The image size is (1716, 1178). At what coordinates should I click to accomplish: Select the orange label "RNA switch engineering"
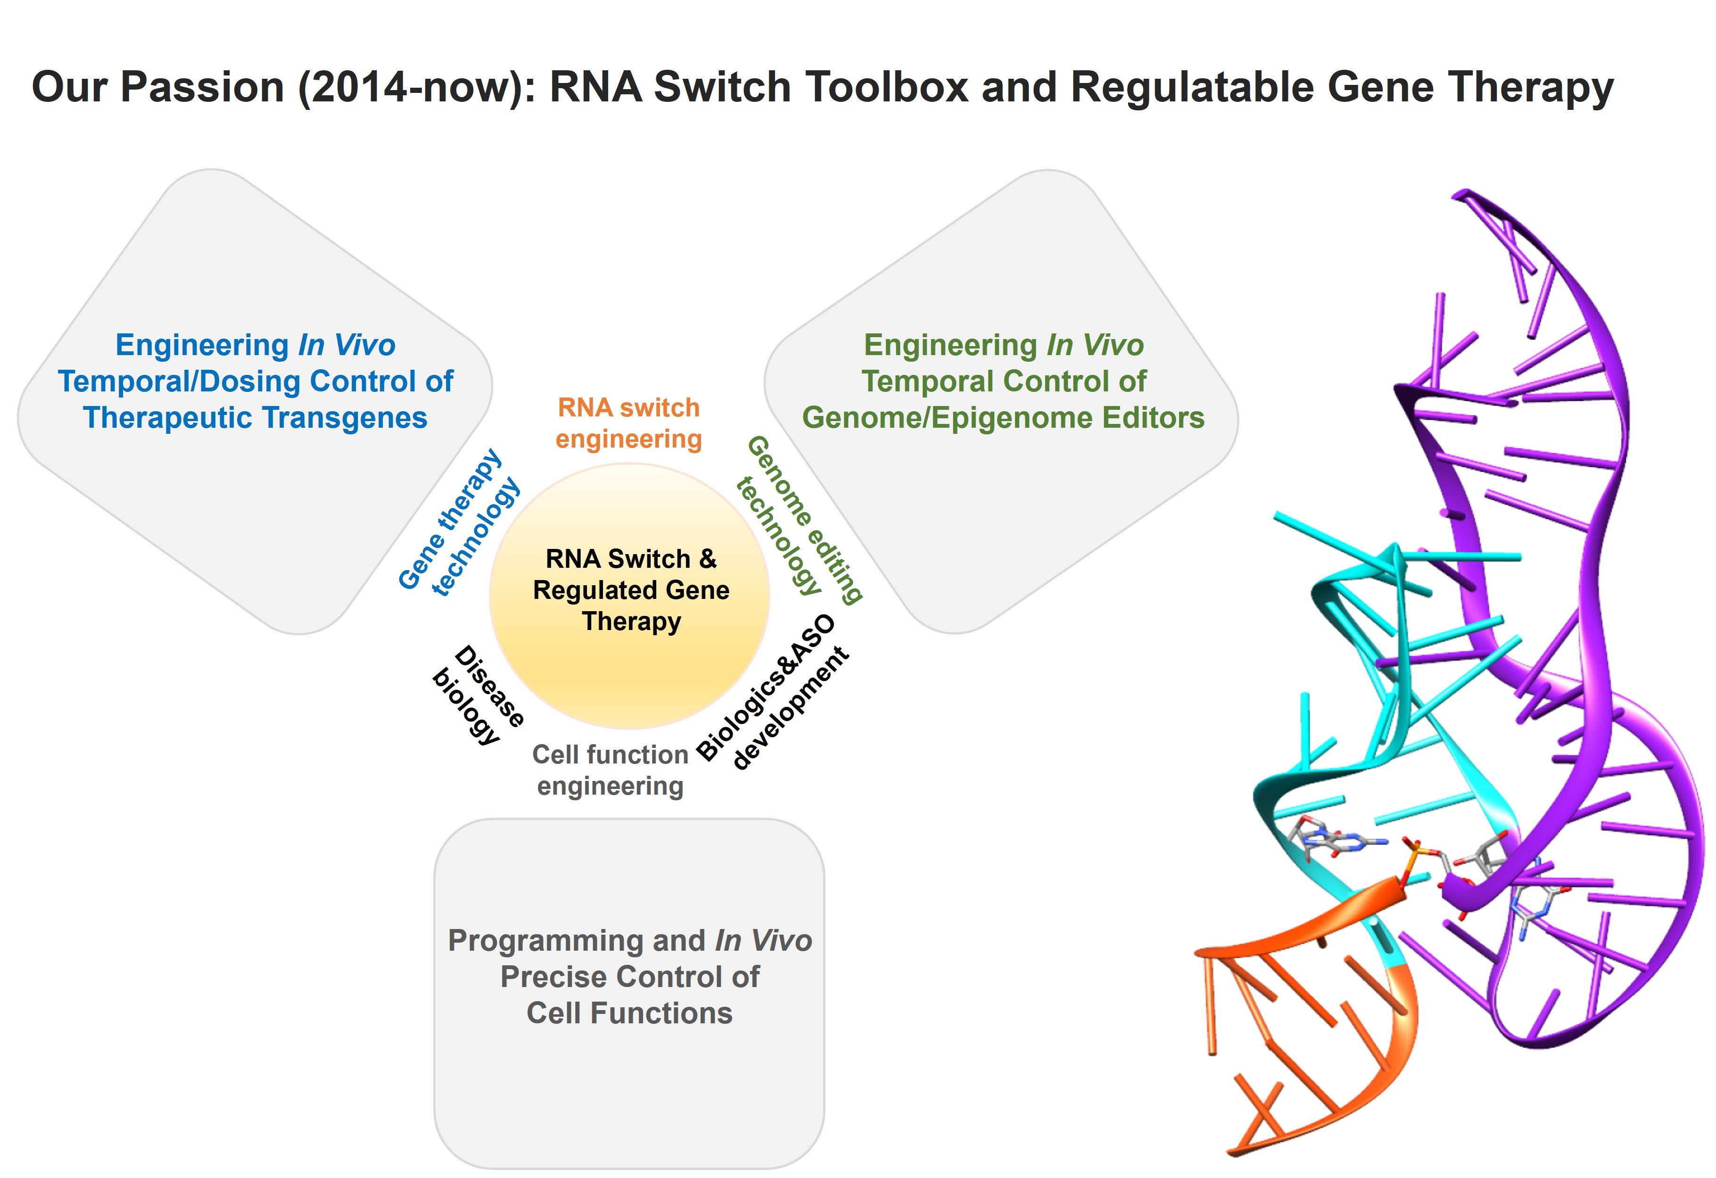point(628,423)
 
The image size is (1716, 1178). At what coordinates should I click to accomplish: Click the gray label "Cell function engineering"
point(610,770)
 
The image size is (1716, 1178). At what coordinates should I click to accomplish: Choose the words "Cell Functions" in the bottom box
point(629,1013)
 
